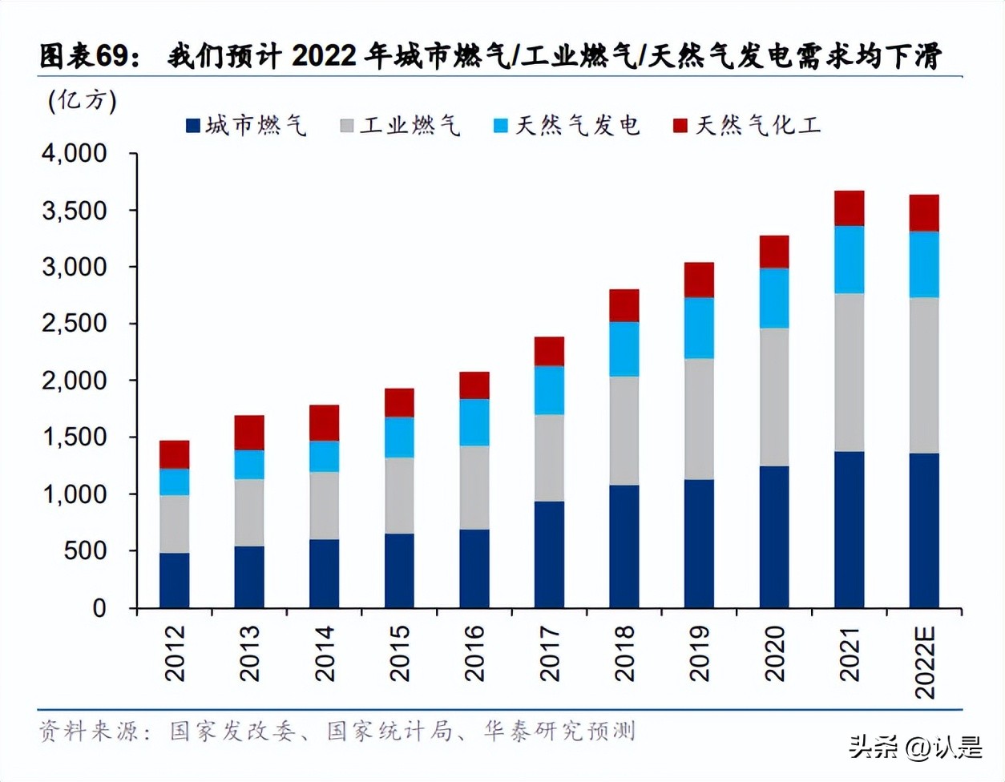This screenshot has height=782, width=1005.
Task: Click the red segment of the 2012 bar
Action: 174,454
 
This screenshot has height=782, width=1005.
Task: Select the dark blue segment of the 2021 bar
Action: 849,529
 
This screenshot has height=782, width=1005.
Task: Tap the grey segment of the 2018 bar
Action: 624,430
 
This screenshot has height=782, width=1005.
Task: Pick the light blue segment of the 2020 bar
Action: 774,297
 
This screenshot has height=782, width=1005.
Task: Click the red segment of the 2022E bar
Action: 923,213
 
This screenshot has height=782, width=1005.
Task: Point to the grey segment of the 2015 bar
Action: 399,495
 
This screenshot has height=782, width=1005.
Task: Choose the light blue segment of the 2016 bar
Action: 474,421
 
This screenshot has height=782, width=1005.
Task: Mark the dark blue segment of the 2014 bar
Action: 324,573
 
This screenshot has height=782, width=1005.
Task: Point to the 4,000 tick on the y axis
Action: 75,153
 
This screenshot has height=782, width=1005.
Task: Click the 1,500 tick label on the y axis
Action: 75,437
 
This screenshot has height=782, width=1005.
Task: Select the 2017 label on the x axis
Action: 549,653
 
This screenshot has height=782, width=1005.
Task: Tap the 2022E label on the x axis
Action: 924,662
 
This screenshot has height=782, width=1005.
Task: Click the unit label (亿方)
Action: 83,100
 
